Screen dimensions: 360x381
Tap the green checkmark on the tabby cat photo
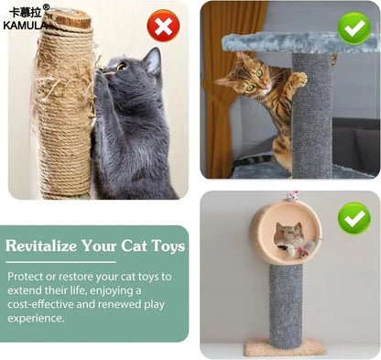(x=354, y=27)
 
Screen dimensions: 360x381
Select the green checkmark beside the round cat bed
(x=354, y=218)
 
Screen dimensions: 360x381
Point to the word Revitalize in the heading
(x=44, y=246)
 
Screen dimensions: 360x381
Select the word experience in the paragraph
(x=36, y=319)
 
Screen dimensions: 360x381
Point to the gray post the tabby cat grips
(x=312, y=119)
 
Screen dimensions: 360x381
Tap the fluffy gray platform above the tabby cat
(x=275, y=41)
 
